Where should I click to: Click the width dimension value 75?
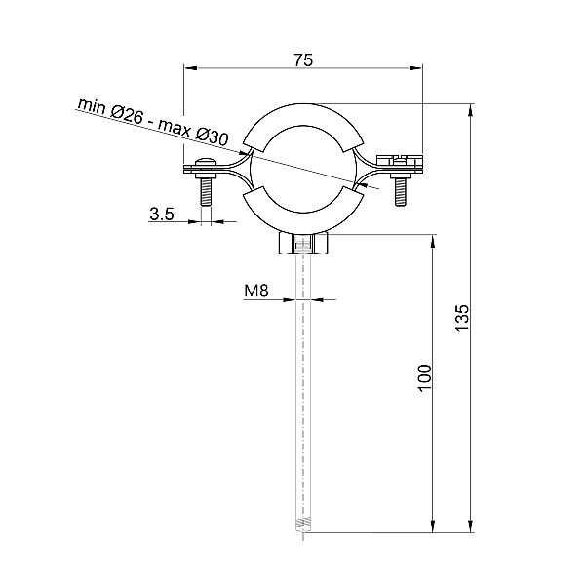[x=303, y=59]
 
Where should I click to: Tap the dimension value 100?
[x=424, y=378]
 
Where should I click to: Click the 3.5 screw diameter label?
[x=162, y=214]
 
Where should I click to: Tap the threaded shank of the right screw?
[x=401, y=191]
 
